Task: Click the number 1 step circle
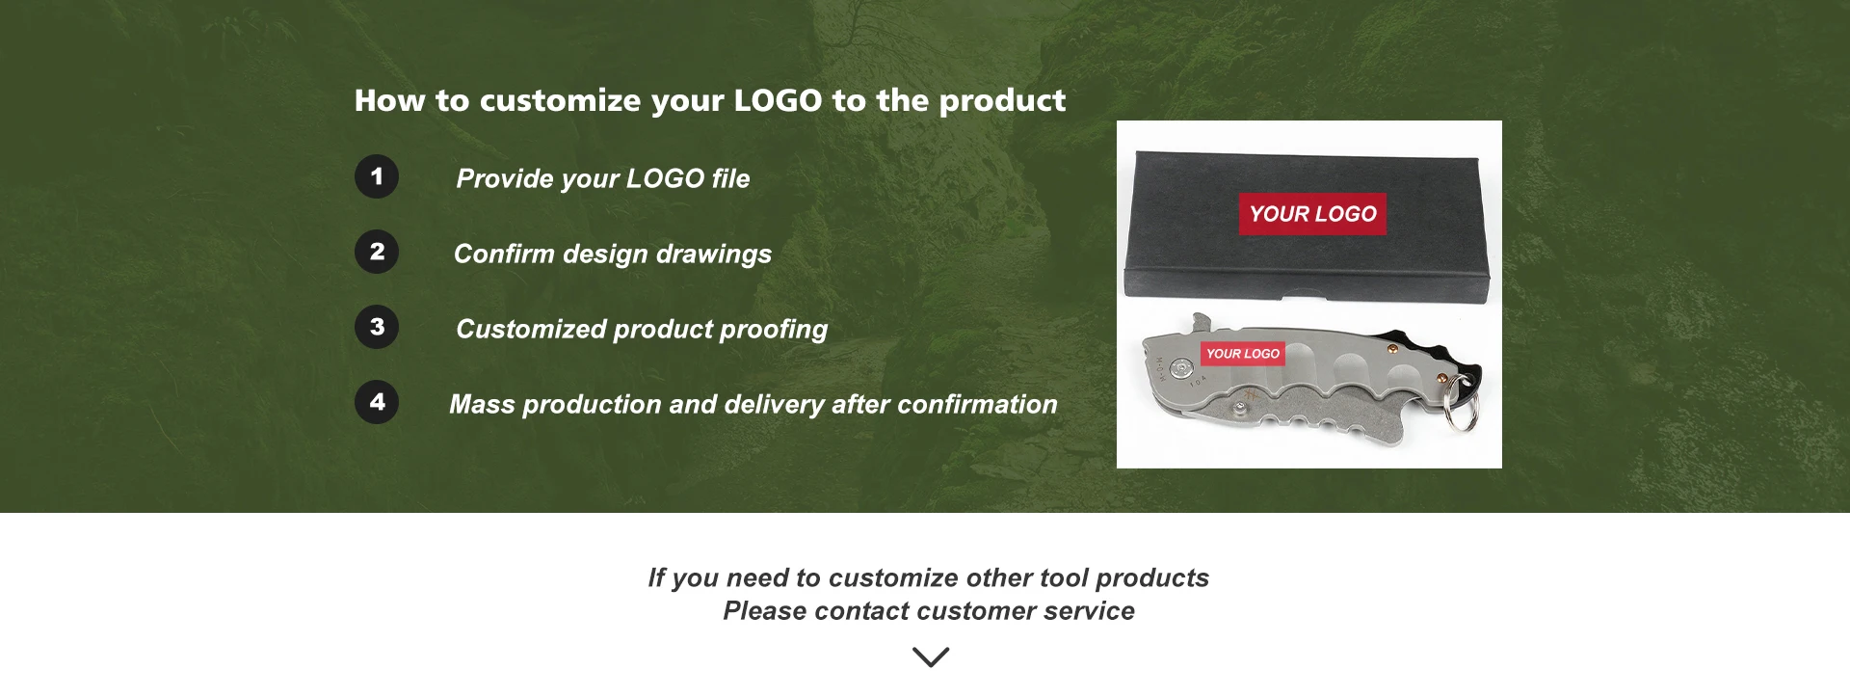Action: point(377,176)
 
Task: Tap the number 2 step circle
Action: point(377,252)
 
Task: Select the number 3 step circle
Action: point(377,327)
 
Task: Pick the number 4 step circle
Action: point(377,402)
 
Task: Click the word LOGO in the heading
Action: point(778,100)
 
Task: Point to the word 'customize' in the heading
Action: point(560,100)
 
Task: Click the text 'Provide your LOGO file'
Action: point(603,178)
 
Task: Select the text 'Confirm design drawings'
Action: point(613,254)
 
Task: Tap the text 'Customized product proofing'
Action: point(642,329)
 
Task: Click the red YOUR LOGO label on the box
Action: point(1312,214)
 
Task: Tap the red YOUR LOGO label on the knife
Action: point(1243,354)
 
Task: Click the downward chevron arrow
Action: point(931,657)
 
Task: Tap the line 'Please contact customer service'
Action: point(929,611)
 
